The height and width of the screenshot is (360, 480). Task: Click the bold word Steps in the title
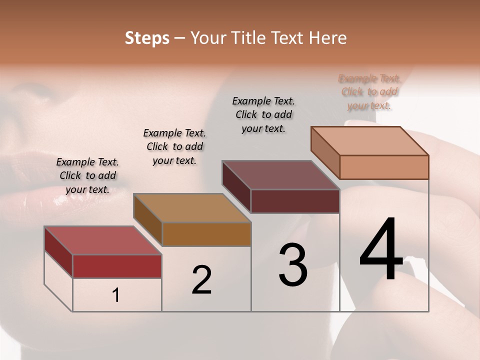tap(147, 38)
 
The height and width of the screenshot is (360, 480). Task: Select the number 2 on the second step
tap(201, 280)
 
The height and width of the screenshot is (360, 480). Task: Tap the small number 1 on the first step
tap(116, 295)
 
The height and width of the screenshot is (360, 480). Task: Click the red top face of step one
tap(103, 240)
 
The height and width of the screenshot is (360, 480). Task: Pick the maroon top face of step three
tap(280, 175)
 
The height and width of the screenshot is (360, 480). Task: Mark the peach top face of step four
tap(369, 141)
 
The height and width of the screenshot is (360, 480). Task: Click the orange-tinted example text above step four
tap(369, 91)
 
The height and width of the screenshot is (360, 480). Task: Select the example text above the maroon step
tap(263, 114)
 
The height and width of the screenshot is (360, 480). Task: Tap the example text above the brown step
tap(174, 146)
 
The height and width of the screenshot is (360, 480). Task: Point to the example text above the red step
tap(87, 175)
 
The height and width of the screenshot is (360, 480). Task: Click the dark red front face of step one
tap(117, 266)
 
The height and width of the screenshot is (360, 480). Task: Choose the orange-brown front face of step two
tap(206, 234)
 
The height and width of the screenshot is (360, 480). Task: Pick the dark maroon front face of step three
tap(295, 201)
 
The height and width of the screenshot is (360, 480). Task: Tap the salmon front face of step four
tap(384, 167)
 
